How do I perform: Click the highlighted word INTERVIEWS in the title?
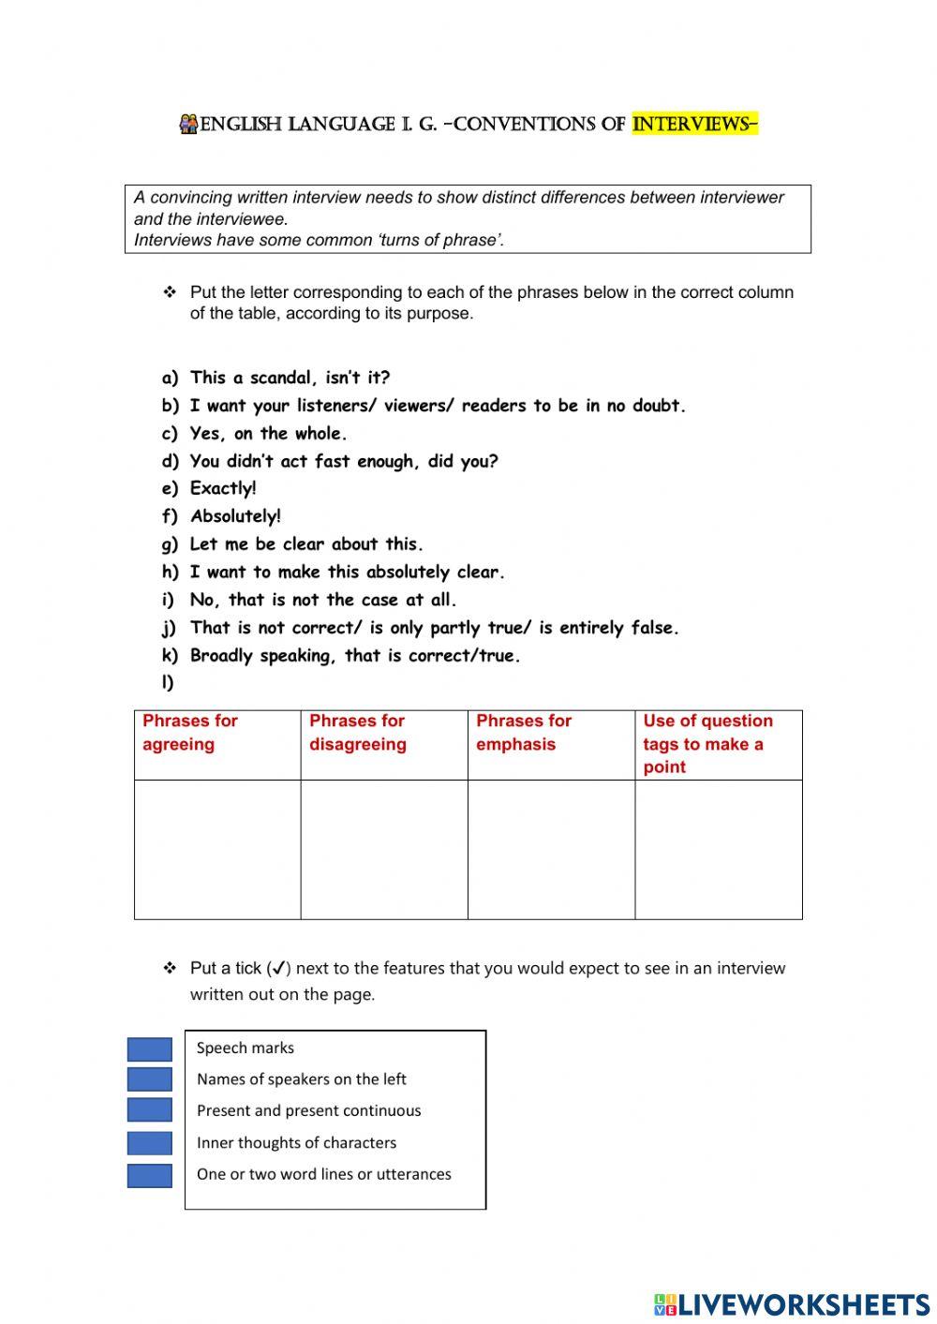point(694,125)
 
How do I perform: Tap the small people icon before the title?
point(188,125)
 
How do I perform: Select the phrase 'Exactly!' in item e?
point(223,488)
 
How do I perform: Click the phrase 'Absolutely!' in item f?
point(235,516)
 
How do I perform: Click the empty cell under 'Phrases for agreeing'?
point(216,849)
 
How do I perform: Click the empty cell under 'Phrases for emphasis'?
point(551,849)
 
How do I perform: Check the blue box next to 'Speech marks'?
point(150,1049)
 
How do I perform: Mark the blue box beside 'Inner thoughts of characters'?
point(150,1143)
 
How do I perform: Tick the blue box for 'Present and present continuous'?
point(150,1110)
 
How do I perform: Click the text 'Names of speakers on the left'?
point(301,1079)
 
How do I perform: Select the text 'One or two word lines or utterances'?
point(323,1174)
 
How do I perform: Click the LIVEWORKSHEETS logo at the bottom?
point(791,1304)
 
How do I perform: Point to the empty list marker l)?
point(169,682)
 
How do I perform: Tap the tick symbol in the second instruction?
point(278,968)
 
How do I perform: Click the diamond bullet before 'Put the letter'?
point(170,292)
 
